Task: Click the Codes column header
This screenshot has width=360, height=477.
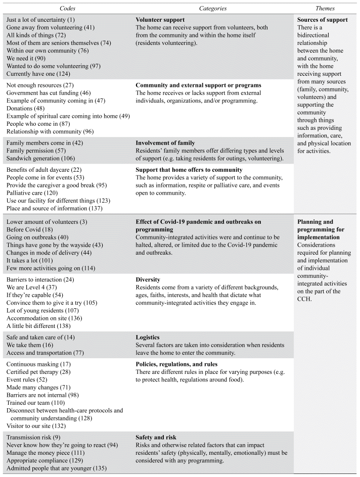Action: (68, 9)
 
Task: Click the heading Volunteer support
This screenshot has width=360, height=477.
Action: (161, 20)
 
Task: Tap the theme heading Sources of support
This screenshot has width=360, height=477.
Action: (323, 20)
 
